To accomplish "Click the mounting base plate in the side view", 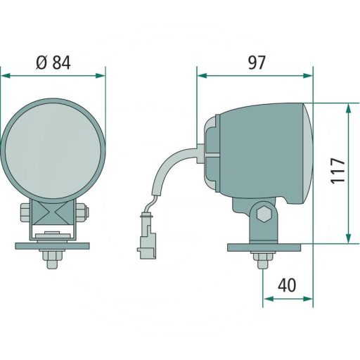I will [264, 247].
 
